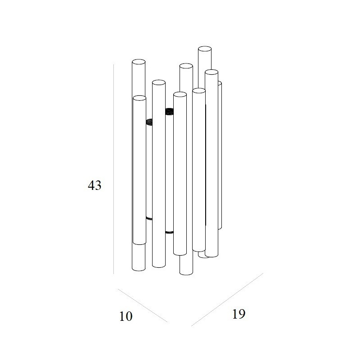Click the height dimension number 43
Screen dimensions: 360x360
[94, 185]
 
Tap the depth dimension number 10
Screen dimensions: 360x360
[126, 316]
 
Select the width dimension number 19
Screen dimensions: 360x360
[239, 314]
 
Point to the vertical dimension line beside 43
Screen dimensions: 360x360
[114, 169]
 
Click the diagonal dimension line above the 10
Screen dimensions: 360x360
[143, 306]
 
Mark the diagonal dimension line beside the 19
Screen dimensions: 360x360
[227, 300]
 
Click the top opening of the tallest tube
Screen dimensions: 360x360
[205, 49]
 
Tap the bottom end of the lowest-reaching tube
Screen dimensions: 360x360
[186, 273]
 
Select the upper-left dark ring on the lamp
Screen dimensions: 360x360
[149, 122]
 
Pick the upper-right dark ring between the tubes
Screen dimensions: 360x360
[170, 111]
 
